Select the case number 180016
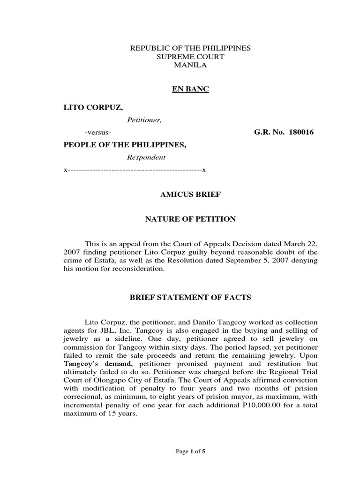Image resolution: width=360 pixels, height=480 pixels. point(299,133)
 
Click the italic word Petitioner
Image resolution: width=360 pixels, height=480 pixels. point(144,120)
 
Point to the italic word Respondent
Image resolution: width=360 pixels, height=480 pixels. point(146,157)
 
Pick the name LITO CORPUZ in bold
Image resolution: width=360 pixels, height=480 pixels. point(93,108)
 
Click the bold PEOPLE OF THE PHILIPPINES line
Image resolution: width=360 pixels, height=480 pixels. point(125,145)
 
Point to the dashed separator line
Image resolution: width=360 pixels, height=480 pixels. point(135,170)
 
